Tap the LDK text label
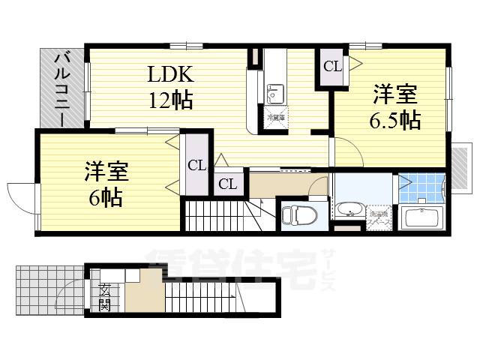click(170, 74)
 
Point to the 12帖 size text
click(170, 98)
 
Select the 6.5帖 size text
click(395, 119)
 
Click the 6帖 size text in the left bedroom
click(103, 197)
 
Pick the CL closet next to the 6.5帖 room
click(332, 66)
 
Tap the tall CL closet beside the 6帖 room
click(196, 164)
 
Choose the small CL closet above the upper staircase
click(229, 184)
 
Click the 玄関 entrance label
click(105, 298)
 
